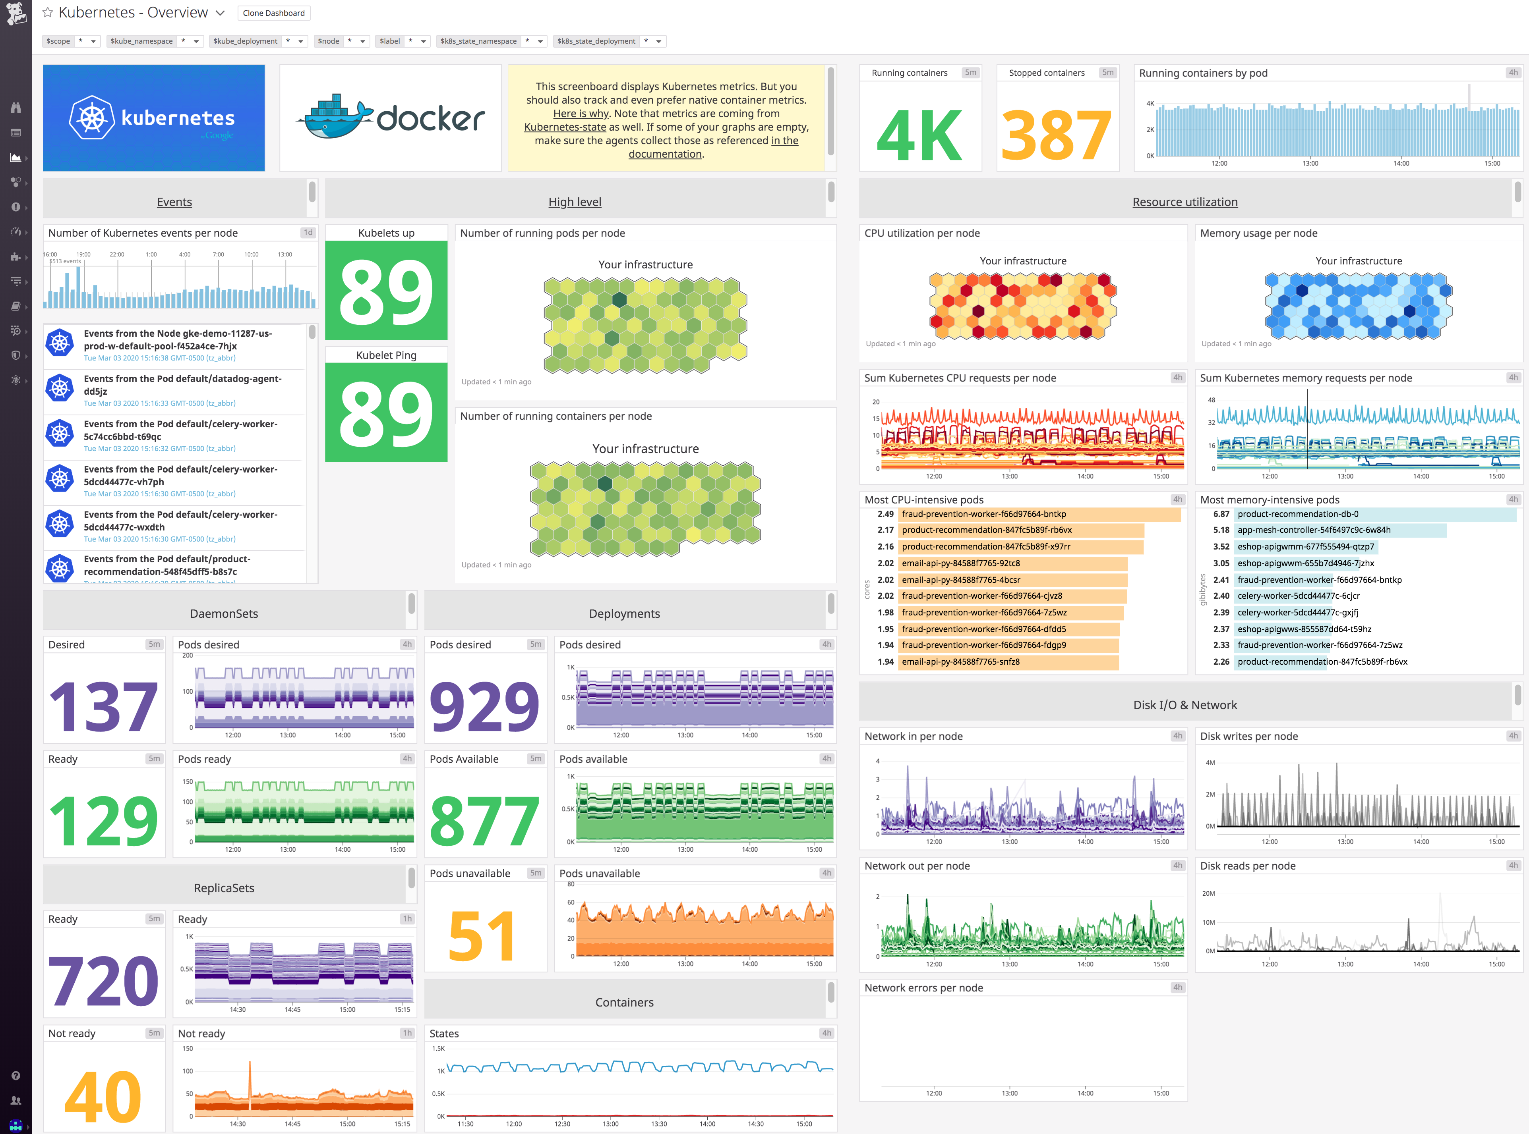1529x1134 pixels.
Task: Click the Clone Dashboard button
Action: (273, 13)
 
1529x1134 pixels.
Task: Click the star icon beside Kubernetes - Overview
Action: (47, 12)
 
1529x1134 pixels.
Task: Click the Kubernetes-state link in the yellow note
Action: (565, 127)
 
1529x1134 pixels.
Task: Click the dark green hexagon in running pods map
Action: (619, 300)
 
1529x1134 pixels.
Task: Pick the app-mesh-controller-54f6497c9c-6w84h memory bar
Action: (1339, 530)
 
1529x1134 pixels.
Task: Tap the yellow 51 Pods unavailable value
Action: (482, 935)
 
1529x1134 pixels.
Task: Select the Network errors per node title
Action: (923, 988)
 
